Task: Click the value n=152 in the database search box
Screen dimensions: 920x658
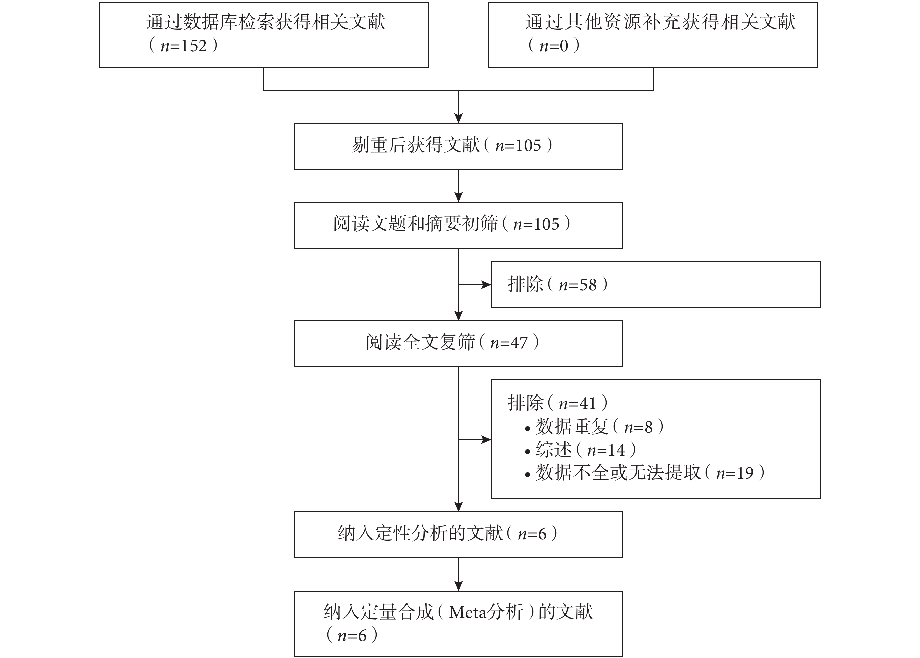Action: pos(184,46)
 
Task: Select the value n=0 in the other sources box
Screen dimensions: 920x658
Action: pos(553,46)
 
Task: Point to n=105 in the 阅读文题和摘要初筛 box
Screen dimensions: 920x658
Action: pos(536,224)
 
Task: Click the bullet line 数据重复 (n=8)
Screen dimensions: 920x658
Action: pos(594,427)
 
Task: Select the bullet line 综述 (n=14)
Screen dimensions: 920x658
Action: pos(580,450)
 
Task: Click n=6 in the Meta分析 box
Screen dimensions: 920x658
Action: pos(352,635)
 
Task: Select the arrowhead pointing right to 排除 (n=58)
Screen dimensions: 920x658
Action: pos(486,285)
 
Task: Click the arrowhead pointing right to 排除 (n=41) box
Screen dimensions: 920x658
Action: pos(486,440)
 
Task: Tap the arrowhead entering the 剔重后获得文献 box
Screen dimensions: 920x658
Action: pos(458,118)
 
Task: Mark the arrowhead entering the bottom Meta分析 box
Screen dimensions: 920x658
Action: pos(458,586)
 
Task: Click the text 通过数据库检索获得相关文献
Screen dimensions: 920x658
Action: pos(266,22)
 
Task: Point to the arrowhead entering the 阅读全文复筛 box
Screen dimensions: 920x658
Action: pos(458,316)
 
